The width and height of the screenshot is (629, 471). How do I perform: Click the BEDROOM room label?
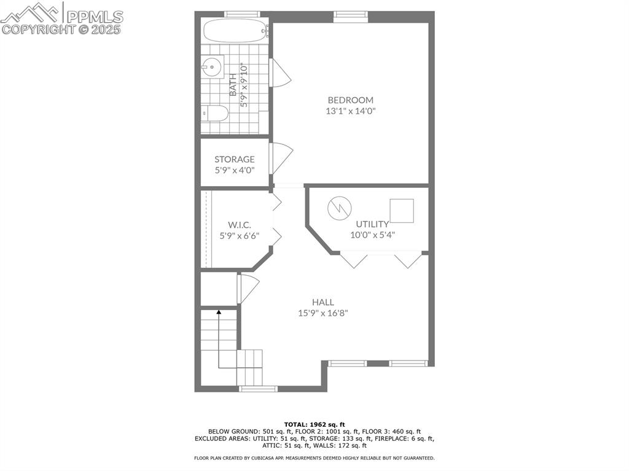pyautogui.click(x=351, y=100)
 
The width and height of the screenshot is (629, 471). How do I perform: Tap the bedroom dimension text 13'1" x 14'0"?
pyautogui.click(x=351, y=111)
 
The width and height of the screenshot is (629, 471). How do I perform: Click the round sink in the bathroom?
pyautogui.click(x=212, y=67)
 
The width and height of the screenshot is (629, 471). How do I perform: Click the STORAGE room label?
pyautogui.click(x=235, y=159)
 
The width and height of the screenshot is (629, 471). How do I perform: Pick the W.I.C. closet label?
pyautogui.click(x=240, y=225)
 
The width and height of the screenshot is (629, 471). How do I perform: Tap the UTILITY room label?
pyautogui.click(x=372, y=224)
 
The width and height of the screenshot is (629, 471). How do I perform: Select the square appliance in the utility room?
pyautogui.click(x=402, y=211)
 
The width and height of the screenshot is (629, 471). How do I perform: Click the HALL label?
pyautogui.click(x=323, y=302)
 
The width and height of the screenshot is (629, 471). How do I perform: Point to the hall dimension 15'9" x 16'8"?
pyautogui.click(x=323, y=313)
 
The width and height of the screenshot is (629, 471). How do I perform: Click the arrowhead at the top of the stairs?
pyautogui.click(x=219, y=311)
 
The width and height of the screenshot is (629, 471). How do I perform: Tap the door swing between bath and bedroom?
pyautogui.click(x=280, y=72)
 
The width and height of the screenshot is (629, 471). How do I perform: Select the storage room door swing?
pyautogui.click(x=281, y=158)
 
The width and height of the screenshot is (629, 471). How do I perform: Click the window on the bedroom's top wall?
pyautogui.click(x=351, y=15)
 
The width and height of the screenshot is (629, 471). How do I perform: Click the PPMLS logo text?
pyautogui.click(x=95, y=17)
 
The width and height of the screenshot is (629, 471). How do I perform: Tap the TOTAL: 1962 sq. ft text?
pyautogui.click(x=314, y=424)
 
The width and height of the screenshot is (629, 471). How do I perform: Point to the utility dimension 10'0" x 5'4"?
pyautogui.click(x=373, y=235)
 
